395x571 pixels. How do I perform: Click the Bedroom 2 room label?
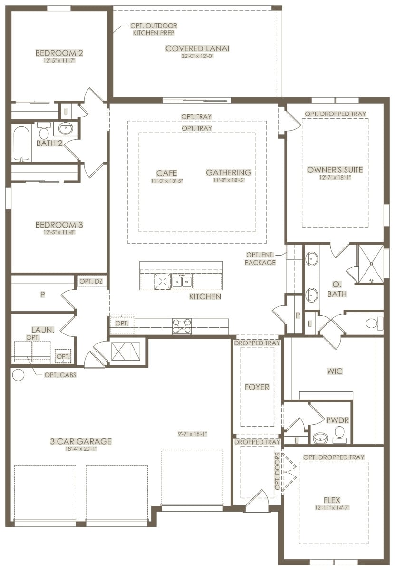59,53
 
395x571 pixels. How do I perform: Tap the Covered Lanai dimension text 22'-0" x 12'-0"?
197,56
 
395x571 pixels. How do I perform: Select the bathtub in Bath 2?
21,144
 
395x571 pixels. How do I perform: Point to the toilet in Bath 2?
44,131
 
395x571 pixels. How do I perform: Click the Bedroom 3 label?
59,225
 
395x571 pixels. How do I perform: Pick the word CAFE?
166,173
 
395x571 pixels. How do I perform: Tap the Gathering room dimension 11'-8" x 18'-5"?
229,180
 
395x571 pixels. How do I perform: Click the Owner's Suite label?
335,170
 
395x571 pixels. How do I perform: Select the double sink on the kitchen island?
182,281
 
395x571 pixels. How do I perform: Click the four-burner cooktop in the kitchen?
182,326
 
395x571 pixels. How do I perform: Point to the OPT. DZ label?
91,281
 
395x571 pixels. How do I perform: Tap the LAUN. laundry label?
43,330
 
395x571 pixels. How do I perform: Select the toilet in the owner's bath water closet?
375,324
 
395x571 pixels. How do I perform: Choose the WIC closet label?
335,371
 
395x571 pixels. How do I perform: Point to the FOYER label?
257,387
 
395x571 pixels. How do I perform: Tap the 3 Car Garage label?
81,441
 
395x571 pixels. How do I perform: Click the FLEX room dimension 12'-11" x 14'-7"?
332,508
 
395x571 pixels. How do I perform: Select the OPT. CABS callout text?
60,375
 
